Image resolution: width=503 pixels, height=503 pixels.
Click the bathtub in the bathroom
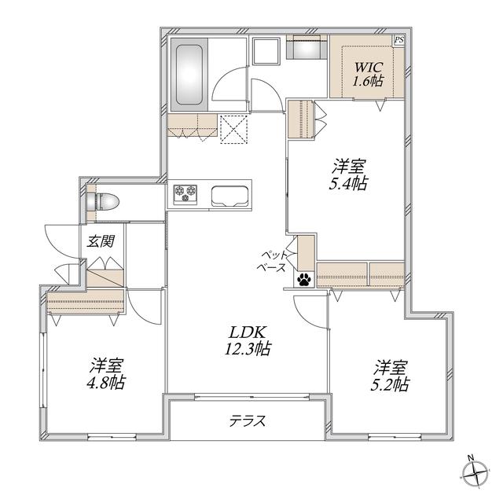189,75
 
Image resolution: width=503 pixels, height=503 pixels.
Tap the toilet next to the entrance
103,202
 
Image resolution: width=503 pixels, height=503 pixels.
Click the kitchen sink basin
230,196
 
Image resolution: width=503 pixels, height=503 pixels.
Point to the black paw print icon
304,280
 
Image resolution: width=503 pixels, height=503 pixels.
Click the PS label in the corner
398,40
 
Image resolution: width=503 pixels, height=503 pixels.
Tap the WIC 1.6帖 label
368,75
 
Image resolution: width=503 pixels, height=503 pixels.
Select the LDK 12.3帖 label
247,340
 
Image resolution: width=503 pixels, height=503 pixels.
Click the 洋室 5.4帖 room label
348,175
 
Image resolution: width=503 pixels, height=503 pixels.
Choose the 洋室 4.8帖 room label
107,373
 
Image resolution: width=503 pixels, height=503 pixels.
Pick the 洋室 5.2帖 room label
390,376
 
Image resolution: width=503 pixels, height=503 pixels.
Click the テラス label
248,420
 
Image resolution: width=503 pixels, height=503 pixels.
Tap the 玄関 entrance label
101,240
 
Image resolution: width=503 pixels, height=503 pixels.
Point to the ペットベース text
273,262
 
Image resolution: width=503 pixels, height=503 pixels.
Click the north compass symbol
475,471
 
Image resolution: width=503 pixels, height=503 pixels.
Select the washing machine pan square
266,50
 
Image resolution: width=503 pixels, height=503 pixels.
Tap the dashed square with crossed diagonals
234,129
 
